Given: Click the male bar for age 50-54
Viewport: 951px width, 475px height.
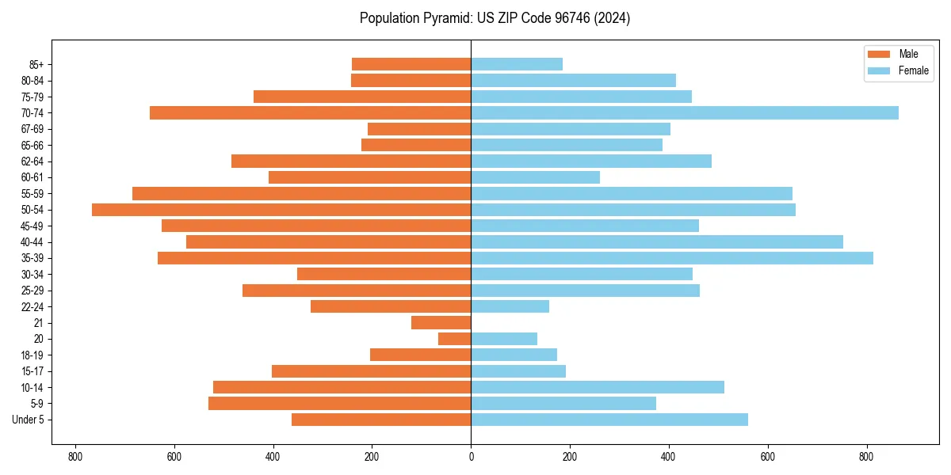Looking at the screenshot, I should [x=281, y=210].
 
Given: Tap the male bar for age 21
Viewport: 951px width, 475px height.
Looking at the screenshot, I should [x=441, y=323].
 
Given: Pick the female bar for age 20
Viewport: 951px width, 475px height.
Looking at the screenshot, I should [x=504, y=339].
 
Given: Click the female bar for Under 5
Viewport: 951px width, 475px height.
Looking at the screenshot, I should [x=609, y=420].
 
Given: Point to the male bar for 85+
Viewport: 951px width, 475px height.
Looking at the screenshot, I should [x=411, y=64].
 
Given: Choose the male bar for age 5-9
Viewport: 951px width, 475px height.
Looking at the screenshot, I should [x=340, y=404].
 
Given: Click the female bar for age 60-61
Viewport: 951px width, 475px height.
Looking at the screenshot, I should [x=536, y=177].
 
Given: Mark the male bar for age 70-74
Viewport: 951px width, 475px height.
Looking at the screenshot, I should [x=311, y=113].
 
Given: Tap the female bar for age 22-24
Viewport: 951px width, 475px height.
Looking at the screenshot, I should [x=510, y=306].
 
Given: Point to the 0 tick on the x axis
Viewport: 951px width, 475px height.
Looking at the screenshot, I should [x=471, y=457].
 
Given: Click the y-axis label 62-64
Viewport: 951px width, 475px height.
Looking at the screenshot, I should [x=32, y=161].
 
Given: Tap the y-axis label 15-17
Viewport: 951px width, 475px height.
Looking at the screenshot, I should [x=32, y=371].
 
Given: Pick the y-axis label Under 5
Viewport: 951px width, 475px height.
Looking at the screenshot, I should [x=29, y=420].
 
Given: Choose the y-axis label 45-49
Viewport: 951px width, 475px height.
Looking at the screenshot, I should [x=32, y=226].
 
